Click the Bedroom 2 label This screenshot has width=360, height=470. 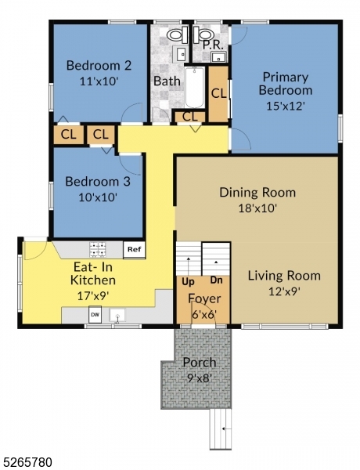[x=98, y=65]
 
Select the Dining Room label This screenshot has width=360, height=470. [x=257, y=193]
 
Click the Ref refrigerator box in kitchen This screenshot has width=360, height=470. [x=133, y=250]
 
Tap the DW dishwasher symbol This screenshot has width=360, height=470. [x=95, y=315]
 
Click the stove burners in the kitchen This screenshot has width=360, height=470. [x=99, y=250]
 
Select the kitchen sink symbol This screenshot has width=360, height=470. [x=118, y=316]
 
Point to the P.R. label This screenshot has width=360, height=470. [x=214, y=45]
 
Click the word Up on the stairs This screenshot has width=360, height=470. [x=188, y=280]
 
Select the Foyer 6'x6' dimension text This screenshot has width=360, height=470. [x=204, y=313]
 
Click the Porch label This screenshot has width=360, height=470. [x=199, y=363]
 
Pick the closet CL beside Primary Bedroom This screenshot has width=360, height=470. [x=218, y=92]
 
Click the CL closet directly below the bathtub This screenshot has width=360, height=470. [x=189, y=117]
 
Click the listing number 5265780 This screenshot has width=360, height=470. [x=28, y=462]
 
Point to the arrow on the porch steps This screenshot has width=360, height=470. [x=222, y=428]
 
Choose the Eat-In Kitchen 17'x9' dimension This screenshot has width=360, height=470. [x=93, y=295]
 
